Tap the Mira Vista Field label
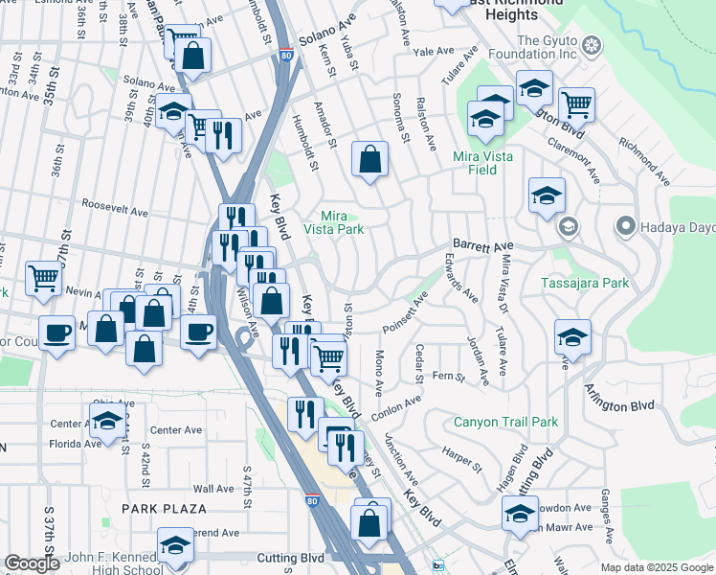coord(482,163)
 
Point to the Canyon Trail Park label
coord(505,422)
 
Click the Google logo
coord(32,563)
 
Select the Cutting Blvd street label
coord(291,558)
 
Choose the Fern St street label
coord(448,377)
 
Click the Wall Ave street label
coord(213,489)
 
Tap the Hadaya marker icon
coord(626,227)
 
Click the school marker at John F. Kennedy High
coord(175,545)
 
